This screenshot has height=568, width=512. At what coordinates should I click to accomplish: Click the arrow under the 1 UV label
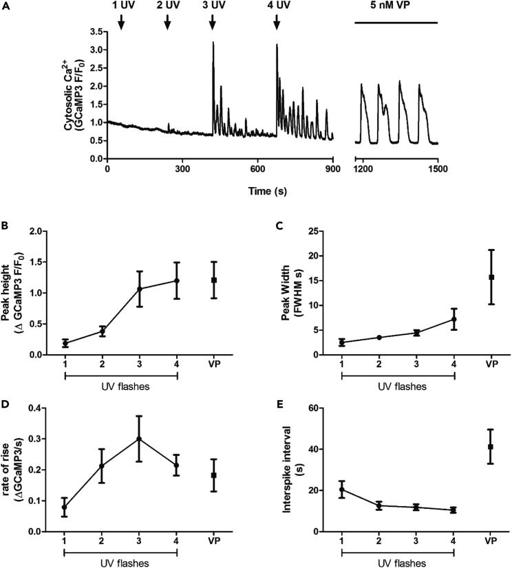point(121,23)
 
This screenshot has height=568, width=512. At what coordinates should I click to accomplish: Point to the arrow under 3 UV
point(213,23)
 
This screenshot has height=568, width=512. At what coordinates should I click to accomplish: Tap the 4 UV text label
point(277,6)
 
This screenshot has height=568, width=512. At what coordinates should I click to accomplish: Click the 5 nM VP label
point(396,6)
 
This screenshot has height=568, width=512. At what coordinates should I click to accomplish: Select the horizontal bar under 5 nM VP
point(396,23)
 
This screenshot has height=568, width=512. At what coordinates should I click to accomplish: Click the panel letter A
point(6,6)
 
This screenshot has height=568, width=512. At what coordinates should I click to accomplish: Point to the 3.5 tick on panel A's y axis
point(96,32)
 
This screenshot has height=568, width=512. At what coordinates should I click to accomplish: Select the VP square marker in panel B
point(214,280)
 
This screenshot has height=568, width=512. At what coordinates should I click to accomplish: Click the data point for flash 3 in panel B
point(140,289)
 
